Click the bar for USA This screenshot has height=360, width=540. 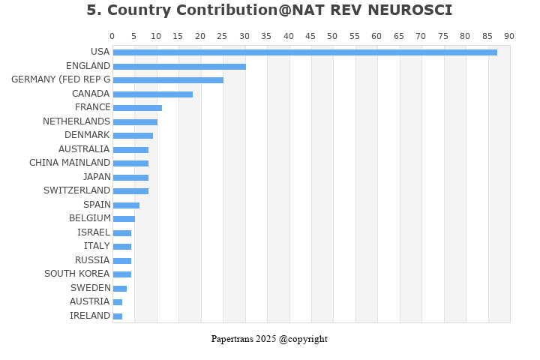[x=304, y=52]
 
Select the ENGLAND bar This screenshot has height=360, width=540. [x=179, y=67]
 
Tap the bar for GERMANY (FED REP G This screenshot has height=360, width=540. [x=168, y=80]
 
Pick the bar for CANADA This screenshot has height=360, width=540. [x=153, y=94]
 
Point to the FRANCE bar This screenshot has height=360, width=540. [x=137, y=108]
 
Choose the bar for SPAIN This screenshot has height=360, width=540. [x=126, y=205]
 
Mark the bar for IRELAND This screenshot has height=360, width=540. [x=118, y=316]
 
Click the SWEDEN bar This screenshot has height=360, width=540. [x=120, y=289]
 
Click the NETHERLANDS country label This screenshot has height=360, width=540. [x=76, y=121]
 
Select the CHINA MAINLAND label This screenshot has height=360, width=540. [x=70, y=163]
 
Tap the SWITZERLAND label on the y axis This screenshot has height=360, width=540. [x=76, y=190]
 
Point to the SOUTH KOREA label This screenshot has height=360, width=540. [x=76, y=274]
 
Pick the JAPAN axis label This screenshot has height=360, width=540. [x=97, y=177]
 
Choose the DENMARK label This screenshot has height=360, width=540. [x=87, y=135]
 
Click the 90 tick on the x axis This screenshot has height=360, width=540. [x=509, y=36]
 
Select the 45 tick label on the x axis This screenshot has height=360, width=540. [x=310, y=36]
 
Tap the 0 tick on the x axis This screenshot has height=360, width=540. [x=112, y=36]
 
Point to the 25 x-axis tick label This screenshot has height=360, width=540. [x=223, y=36]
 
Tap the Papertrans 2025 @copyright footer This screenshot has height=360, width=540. [x=269, y=339]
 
